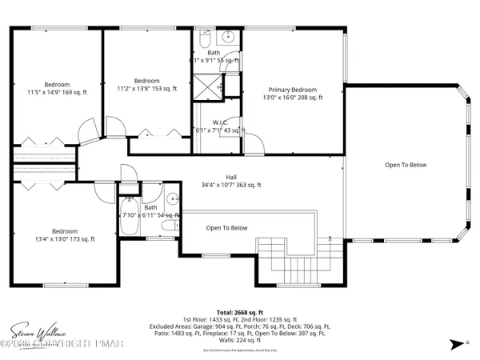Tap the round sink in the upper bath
[x=227, y=37]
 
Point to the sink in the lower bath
[x=173, y=200]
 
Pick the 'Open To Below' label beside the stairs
[x=226, y=228]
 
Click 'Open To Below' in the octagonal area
[x=406, y=165]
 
